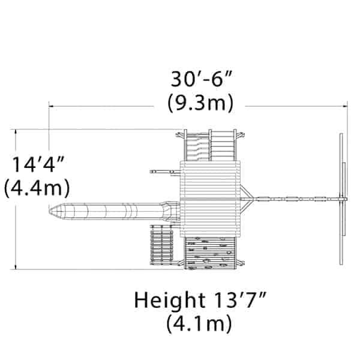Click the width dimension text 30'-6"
coord(202,79)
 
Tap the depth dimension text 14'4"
coord(37,164)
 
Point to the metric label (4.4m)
coord(37,188)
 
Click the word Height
coord(170,301)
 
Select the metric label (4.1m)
coord(199,323)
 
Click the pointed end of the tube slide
coord(49,211)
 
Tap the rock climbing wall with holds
coord(210,253)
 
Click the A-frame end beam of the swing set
coord(342,199)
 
